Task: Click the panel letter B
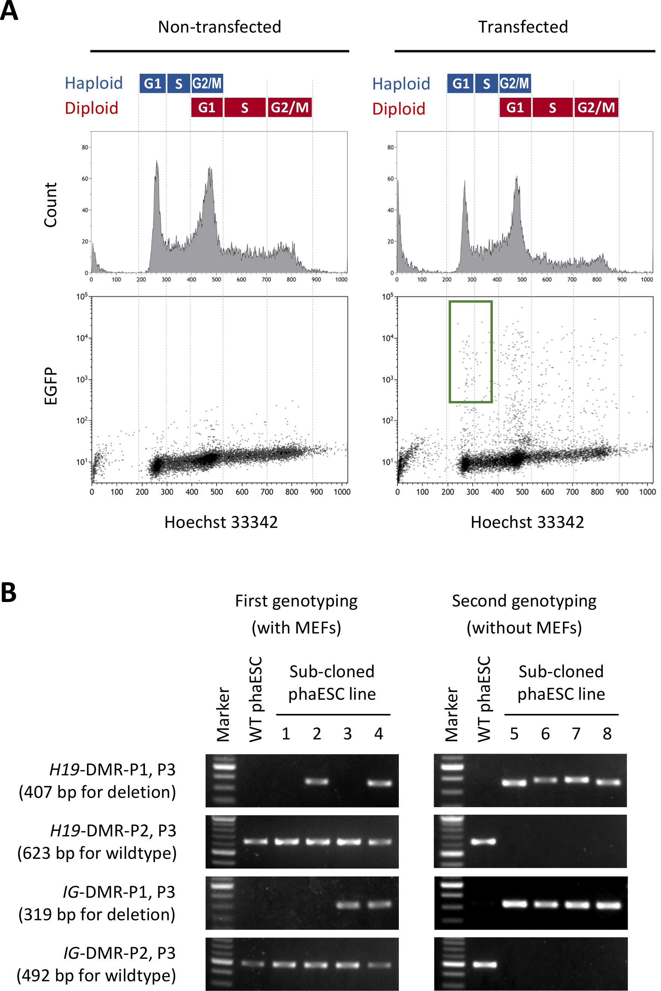[x=9, y=592]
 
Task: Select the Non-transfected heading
[x=219, y=27]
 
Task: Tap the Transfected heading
[x=523, y=27]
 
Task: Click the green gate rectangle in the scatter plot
[x=470, y=352]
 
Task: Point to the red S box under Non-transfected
[x=245, y=107]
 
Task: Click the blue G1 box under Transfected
[x=460, y=83]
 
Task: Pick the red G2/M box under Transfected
[x=596, y=107]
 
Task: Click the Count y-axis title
[x=51, y=205]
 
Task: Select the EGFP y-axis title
[x=51, y=386]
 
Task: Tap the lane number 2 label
[x=317, y=734]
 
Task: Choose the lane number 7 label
[x=576, y=734]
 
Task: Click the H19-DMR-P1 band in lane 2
[x=317, y=782]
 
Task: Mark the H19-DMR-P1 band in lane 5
[x=514, y=783]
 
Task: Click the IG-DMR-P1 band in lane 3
[x=348, y=905]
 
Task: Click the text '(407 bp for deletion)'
[x=97, y=792]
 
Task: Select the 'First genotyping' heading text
[x=296, y=601]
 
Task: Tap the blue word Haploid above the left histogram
[x=94, y=83]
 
